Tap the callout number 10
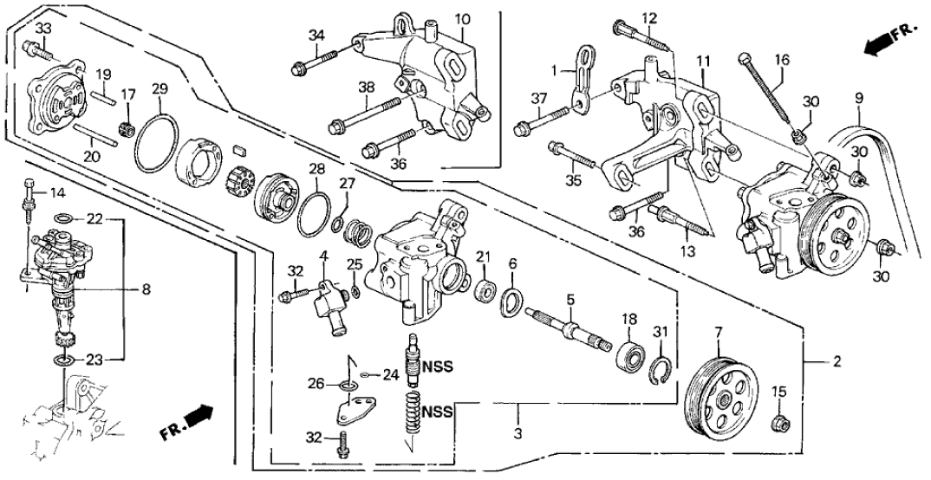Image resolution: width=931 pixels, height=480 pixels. point(462,19)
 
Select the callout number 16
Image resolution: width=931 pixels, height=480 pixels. point(782,61)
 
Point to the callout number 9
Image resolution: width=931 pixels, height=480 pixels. point(859,99)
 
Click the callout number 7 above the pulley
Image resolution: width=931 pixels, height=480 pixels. point(718,333)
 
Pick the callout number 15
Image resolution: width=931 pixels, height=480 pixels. point(780,392)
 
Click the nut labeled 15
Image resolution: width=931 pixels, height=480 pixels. point(779,422)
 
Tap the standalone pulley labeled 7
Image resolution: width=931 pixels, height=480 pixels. point(720,399)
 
